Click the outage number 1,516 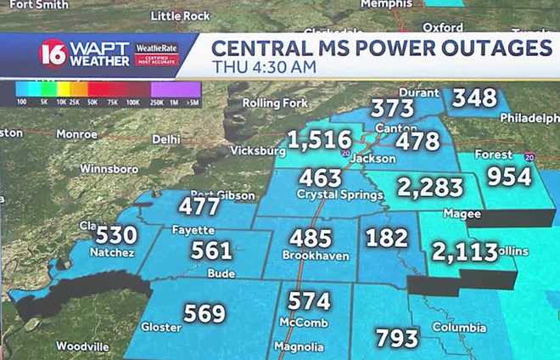point(319,139)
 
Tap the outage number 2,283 point(430,187)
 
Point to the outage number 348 point(473,98)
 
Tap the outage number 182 point(387,237)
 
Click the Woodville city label point(82,346)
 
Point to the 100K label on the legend point(132,101)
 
